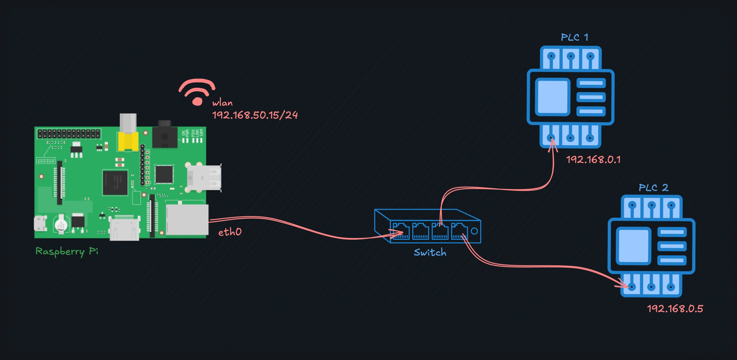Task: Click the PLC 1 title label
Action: coord(574,37)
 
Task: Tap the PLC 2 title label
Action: coord(653,188)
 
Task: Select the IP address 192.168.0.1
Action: coord(593,160)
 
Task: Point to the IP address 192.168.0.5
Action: coord(675,309)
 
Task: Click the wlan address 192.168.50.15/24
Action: coord(255,115)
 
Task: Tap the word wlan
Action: coord(222,103)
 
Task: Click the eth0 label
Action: coord(230,232)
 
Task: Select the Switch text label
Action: coord(430,253)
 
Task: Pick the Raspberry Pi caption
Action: coord(67,251)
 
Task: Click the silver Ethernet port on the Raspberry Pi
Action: coord(187,220)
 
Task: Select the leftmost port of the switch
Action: coord(401,231)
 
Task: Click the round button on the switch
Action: coord(474,231)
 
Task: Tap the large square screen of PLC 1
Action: coord(553,97)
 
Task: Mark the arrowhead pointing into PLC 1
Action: coord(552,145)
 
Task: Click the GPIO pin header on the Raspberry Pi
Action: coord(69,133)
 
